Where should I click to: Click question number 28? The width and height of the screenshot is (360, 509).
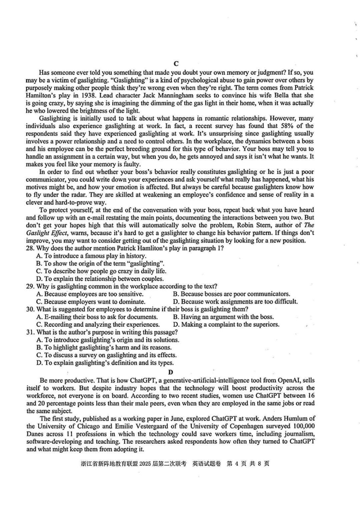point(31,248)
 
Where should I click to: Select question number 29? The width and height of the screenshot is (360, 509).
point(31,286)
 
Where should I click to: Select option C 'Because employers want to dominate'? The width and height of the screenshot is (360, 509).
point(90,302)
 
